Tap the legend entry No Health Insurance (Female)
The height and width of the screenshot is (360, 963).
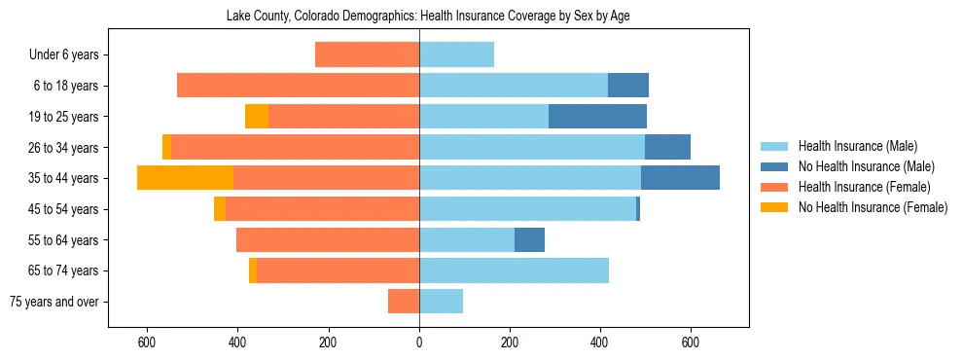click(873, 207)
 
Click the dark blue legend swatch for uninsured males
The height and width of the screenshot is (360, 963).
click(774, 167)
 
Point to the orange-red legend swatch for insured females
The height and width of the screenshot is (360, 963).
click(774, 187)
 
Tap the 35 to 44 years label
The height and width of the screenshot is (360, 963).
click(64, 178)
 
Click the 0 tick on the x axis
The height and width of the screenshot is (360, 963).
click(419, 342)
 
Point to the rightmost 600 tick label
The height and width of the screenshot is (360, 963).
click(691, 342)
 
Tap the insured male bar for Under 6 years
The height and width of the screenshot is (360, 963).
click(456, 55)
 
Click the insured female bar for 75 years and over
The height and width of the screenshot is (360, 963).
click(404, 302)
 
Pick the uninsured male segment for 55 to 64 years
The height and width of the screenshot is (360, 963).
click(529, 240)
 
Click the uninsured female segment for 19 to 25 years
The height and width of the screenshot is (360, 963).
click(257, 117)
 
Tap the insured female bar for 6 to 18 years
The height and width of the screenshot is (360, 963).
click(298, 86)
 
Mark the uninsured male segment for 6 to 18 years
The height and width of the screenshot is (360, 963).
click(628, 86)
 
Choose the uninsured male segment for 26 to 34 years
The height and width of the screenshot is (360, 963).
click(667, 147)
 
